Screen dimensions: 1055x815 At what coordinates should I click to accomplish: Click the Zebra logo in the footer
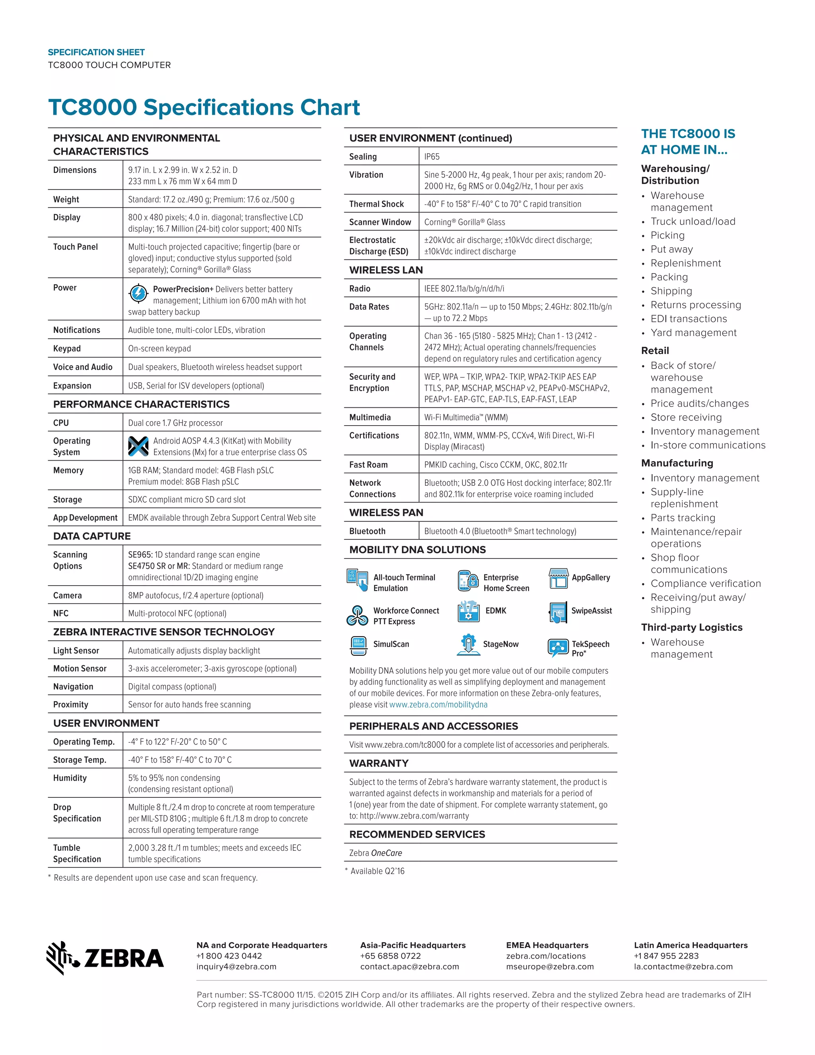(x=105, y=958)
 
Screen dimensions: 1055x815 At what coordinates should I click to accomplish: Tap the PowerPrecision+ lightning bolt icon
(x=138, y=293)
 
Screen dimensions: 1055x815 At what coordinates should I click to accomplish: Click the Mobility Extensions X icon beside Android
(x=138, y=446)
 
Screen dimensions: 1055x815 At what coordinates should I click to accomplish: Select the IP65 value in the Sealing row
(x=432, y=156)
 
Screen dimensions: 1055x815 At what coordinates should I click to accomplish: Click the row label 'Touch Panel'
(x=75, y=247)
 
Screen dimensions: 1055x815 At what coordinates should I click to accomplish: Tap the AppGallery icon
(x=559, y=578)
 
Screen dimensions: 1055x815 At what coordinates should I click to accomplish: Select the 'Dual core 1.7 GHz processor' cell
(x=175, y=423)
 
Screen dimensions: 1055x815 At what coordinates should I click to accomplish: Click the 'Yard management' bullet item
(x=693, y=332)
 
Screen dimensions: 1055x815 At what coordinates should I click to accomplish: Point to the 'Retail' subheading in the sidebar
(x=655, y=351)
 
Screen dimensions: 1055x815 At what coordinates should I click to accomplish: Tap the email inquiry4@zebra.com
(x=236, y=967)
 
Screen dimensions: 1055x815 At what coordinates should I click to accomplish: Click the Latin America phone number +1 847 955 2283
(x=666, y=956)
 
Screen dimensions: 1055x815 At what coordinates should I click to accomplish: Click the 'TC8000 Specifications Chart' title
(x=204, y=107)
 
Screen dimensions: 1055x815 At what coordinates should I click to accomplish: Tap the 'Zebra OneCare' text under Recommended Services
(x=375, y=853)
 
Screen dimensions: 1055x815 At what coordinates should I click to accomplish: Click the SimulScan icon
(x=358, y=645)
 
